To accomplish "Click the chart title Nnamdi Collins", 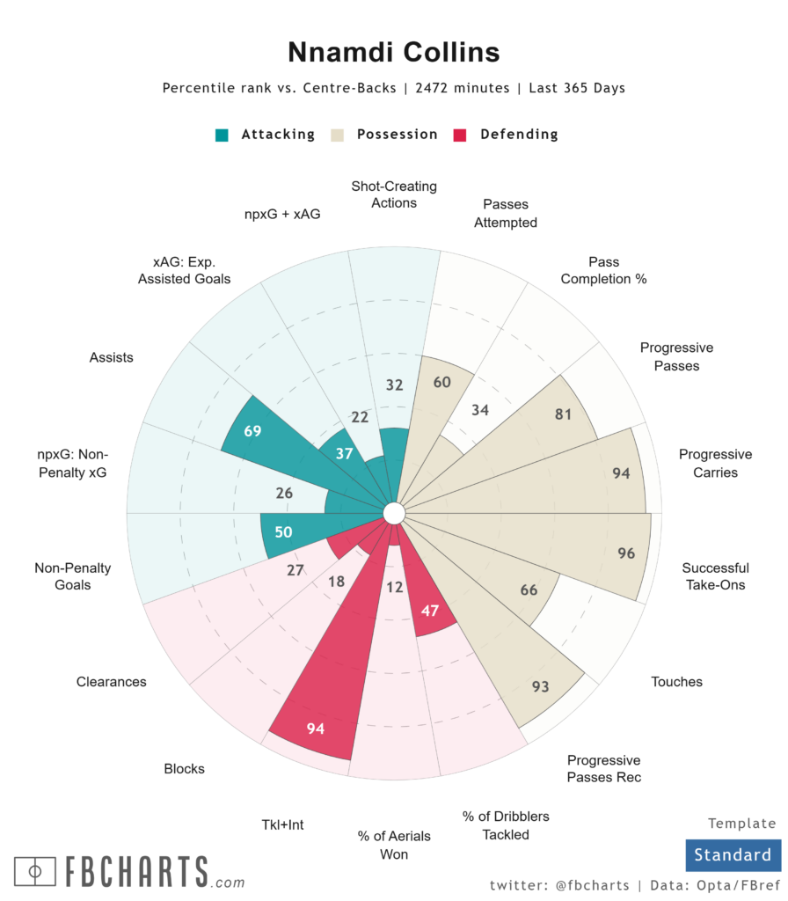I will pyautogui.click(x=393, y=52).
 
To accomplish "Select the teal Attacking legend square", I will pyautogui.click(x=223, y=135).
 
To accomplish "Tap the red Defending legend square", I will pyautogui.click(x=458, y=135).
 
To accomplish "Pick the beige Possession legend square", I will pyautogui.click(x=338, y=135).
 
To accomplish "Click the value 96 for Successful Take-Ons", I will pyautogui.click(x=626, y=553).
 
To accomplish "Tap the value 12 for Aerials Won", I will pyautogui.click(x=395, y=587).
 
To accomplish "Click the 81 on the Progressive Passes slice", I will pyautogui.click(x=564, y=414).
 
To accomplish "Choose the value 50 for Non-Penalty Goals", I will pyautogui.click(x=282, y=532).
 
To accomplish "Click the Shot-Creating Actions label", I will pyautogui.click(x=394, y=194).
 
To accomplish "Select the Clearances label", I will pyautogui.click(x=111, y=682).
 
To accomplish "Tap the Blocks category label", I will pyautogui.click(x=184, y=768).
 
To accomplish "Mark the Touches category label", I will pyautogui.click(x=677, y=681).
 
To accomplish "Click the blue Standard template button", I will pyautogui.click(x=732, y=854).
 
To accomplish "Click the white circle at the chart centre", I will pyautogui.click(x=393, y=512).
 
